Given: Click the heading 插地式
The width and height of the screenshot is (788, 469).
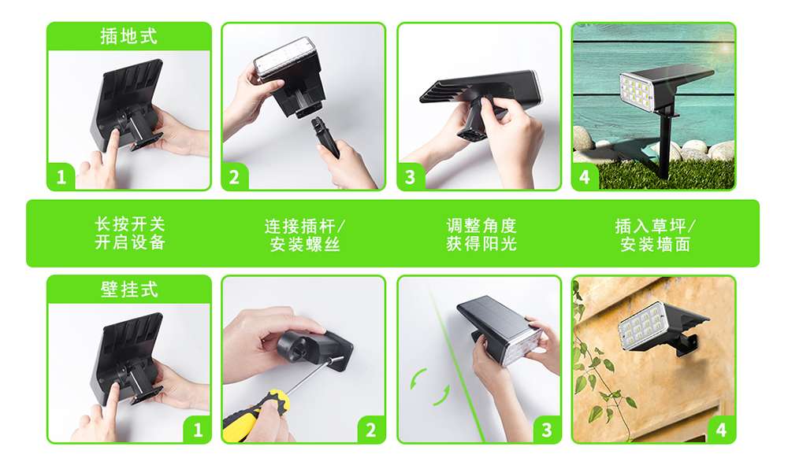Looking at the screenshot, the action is click(x=128, y=36).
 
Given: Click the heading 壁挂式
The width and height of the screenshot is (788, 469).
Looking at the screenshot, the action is click(x=129, y=290).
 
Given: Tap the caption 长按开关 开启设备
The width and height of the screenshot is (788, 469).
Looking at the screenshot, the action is click(x=130, y=233).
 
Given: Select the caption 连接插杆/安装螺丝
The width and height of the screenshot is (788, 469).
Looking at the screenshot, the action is click(x=304, y=234).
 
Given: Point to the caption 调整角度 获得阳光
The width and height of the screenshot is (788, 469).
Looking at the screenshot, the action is click(x=481, y=234).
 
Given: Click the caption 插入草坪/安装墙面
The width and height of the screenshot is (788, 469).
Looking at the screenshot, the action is click(x=655, y=234).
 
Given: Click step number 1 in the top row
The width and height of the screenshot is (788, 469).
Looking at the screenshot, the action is click(x=61, y=177).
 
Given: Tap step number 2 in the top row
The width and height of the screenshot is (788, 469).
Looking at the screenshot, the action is click(x=234, y=177).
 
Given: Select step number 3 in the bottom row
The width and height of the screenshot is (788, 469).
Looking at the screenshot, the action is click(x=547, y=430).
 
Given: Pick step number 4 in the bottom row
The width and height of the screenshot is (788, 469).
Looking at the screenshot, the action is click(x=721, y=430).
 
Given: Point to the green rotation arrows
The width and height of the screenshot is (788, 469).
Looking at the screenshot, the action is click(x=429, y=386).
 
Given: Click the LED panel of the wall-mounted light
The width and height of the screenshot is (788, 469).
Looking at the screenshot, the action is click(x=641, y=326).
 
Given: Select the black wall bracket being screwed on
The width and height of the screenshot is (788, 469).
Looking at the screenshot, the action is click(x=314, y=349).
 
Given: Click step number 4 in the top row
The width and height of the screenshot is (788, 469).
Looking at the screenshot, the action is click(x=585, y=177).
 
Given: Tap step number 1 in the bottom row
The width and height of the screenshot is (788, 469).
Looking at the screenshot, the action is click(x=198, y=430).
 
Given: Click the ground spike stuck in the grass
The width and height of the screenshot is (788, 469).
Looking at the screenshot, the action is click(x=666, y=146).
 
